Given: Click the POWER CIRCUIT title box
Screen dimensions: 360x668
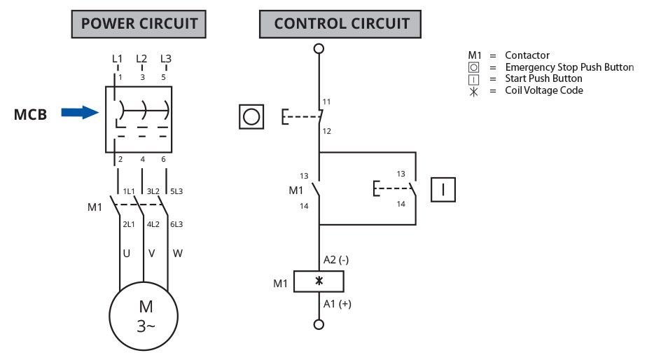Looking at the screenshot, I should coord(139,24).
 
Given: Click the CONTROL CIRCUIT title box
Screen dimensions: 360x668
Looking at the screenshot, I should coord(341,24).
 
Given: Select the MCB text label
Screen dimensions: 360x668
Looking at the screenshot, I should coord(31,114).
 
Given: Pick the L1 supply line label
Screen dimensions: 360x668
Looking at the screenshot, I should coord(117,59).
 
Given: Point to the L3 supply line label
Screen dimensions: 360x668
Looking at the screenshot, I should coord(166,59).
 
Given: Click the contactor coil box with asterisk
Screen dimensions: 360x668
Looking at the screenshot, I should coord(319,281).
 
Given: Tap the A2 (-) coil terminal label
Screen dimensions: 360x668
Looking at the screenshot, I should coord(336,260).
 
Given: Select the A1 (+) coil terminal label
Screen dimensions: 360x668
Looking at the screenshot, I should coord(336,304).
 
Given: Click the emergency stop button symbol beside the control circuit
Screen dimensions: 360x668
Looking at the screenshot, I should coord(252,116).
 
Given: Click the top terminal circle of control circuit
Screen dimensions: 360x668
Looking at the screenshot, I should coord(319,48).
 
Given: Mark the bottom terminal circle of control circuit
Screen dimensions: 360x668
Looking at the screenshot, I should coord(319,324).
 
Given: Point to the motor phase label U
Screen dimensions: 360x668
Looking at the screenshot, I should coord(127,253).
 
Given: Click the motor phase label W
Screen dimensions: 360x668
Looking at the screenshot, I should coord(177,253).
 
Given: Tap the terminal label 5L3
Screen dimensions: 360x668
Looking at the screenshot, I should coord(176,191).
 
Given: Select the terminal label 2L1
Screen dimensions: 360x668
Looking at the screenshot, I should coord(128,224).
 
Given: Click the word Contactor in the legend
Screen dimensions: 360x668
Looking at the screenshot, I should coord(527,55).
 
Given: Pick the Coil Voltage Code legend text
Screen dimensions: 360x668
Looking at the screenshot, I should coord(544,90).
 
